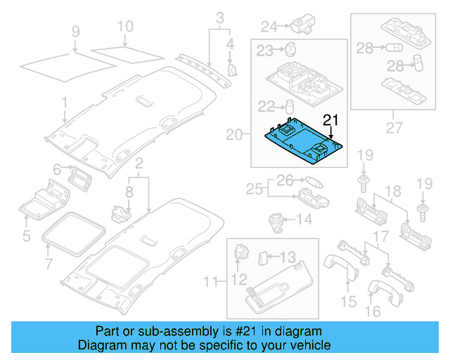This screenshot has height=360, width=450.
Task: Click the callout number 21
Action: pos(330,119)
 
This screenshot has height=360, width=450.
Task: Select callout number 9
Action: pos(76,31)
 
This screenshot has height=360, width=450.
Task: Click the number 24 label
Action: pos(269,27)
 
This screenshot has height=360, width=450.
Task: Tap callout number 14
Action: pos(304,219)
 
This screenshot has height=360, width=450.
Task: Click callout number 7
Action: pos(49,265)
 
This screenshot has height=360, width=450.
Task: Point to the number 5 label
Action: pos(26,236)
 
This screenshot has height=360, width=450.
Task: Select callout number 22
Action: pos(265,106)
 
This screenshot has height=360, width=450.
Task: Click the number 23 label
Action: pos(264,50)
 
